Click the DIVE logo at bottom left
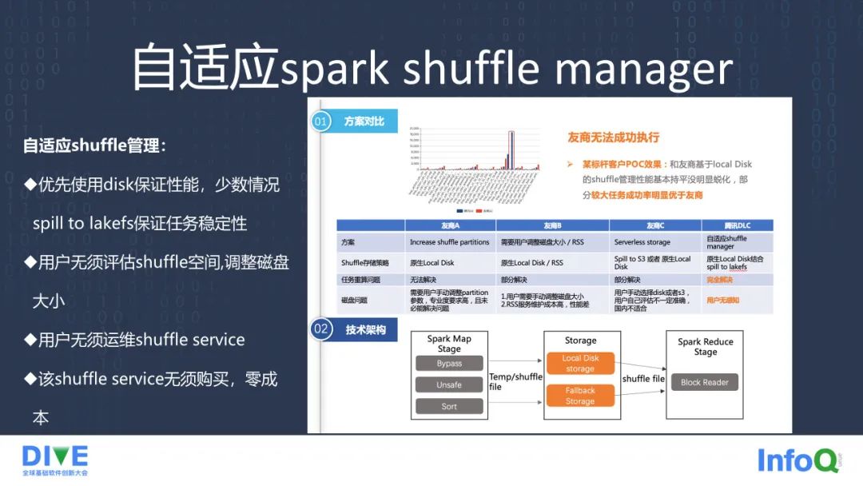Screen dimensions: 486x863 (x=55, y=460)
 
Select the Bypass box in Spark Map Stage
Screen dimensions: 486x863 (x=449, y=364)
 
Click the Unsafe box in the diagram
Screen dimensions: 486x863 (x=449, y=384)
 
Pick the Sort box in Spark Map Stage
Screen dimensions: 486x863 (x=449, y=406)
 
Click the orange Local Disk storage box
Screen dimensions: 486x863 (x=580, y=364)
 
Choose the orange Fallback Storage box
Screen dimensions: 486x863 (x=580, y=396)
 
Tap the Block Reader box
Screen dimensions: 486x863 (x=704, y=382)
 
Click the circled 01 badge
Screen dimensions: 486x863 (x=321, y=121)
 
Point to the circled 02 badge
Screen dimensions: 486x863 (x=321, y=329)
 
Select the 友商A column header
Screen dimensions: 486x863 (x=451, y=225)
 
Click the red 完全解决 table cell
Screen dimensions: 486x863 (x=719, y=280)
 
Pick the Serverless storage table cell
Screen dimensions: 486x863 (x=642, y=241)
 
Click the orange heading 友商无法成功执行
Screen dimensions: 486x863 (x=613, y=137)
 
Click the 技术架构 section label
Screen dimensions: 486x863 (x=365, y=329)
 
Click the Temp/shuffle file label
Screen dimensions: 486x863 (x=515, y=381)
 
